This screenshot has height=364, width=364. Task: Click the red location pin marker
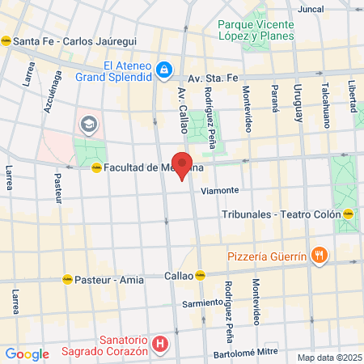click(183, 164)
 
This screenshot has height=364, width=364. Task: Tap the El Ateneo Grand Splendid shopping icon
click(163, 71)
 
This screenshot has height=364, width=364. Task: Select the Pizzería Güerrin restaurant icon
click(320, 256)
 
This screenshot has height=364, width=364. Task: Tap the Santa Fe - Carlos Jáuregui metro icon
click(6, 41)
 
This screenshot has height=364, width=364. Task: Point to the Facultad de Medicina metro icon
click(96, 167)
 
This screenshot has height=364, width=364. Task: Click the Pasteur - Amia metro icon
click(67, 280)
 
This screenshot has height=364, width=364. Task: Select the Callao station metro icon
click(201, 275)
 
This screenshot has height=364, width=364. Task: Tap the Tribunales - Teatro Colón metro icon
click(348, 214)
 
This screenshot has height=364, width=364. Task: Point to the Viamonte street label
click(220, 191)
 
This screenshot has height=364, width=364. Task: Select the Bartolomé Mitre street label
click(246, 353)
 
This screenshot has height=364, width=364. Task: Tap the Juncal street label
click(311, 10)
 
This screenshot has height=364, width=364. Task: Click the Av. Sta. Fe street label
click(214, 78)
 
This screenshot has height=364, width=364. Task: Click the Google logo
click(27, 353)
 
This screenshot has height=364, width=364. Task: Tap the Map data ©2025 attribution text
click(328, 358)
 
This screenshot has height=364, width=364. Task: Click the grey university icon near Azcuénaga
click(87, 125)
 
